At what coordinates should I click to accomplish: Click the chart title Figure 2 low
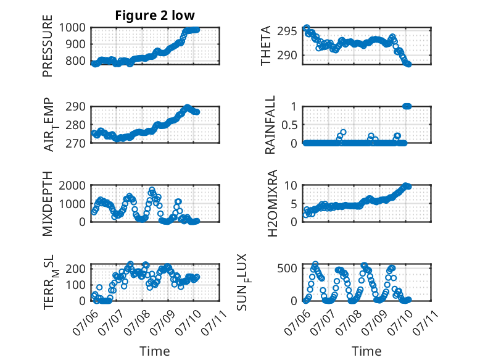pyautogui.click(x=155, y=15)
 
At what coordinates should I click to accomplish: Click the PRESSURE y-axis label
pyautogui.click(x=48, y=46)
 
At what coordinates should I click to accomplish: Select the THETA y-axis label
pyautogui.click(x=266, y=46)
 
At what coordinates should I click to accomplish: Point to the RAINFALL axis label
pyautogui.click(x=270, y=125)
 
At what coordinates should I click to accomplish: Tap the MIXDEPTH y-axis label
pyautogui.click(x=48, y=204)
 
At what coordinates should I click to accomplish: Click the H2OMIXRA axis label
pyautogui.click(x=272, y=203)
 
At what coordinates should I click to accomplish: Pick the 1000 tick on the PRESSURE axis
pyautogui.click(x=72, y=28)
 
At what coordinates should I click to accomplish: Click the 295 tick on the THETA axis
pyautogui.click(x=287, y=31)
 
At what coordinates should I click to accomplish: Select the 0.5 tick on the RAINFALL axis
pyautogui.click(x=289, y=125)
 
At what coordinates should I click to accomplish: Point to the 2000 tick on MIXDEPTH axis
pyautogui.click(x=72, y=185)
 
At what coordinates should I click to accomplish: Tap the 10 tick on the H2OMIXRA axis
pyautogui.click(x=291, y=185)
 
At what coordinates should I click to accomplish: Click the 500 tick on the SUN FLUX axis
pyautogui.click(x=287, y=269)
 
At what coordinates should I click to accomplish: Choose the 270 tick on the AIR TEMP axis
pyautogui.click(x=76, y=143)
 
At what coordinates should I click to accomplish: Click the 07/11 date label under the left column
pyautogui.click(x=213, y=322)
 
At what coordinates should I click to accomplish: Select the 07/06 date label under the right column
pyautogui.click(x=296, y=322)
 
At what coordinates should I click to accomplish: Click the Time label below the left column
pyautogui.click(x=155, y=351)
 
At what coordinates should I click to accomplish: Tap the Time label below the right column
pyautogui.click(x=366, y=351)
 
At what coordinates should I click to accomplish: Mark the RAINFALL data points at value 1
pyautogui.click(x=407, y=106)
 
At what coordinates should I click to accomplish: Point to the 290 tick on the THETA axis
pyautogui.click(x=287, y=56)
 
